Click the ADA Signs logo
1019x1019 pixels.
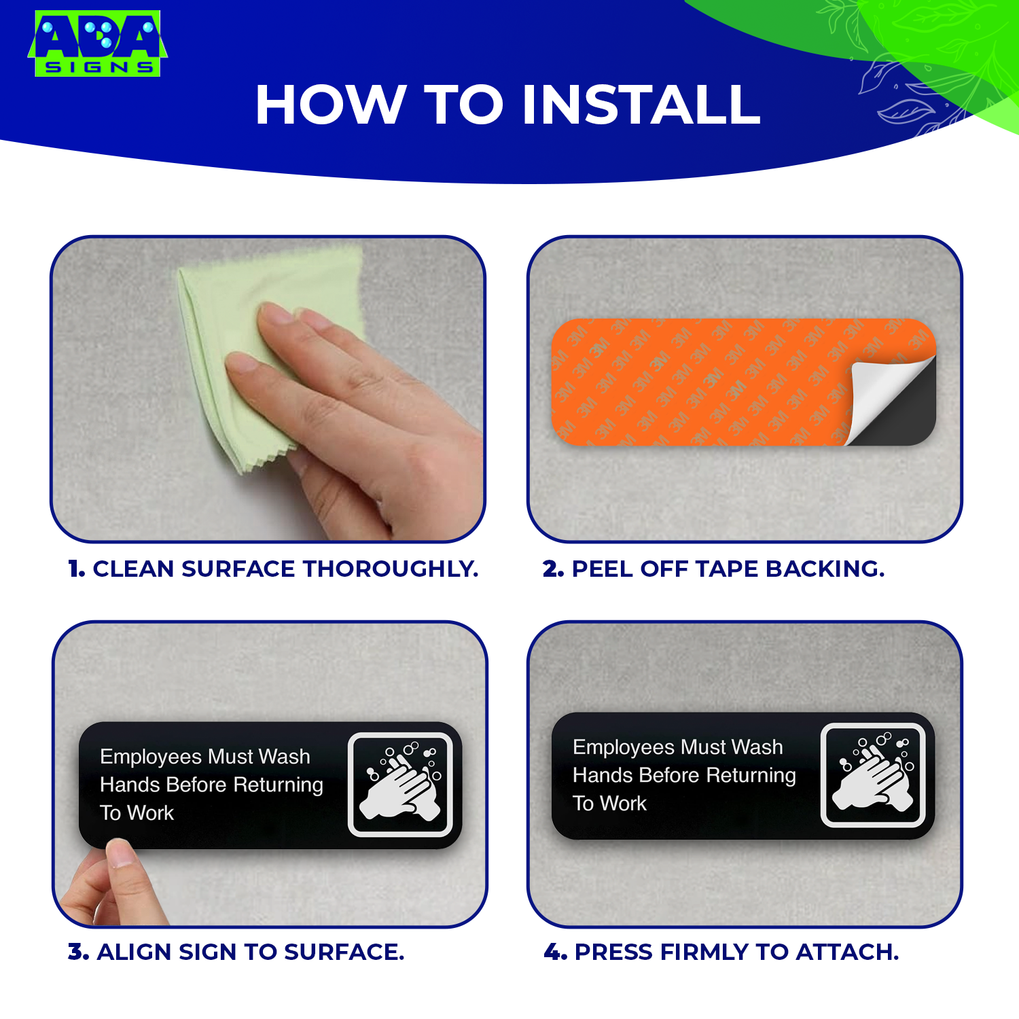(x=97, y=43)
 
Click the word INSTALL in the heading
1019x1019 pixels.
(x=641, y=105)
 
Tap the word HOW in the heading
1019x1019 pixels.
(x=330, y=105)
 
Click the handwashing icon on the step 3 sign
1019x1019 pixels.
(x=401, y=785)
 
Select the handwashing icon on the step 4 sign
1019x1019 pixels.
(x=874, y=775)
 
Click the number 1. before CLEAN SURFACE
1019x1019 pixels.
(x=76, y=569)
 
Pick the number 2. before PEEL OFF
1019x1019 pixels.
(x=553, y=569)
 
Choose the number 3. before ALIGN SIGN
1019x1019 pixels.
(x=78, y=952)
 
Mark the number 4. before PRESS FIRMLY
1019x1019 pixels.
(x=555, y=952)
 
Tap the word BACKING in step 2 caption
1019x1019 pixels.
(x=825, y=569)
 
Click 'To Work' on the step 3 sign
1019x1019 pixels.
(x=137, y=812)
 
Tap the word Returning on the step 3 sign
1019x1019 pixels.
(x=278, y=785)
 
